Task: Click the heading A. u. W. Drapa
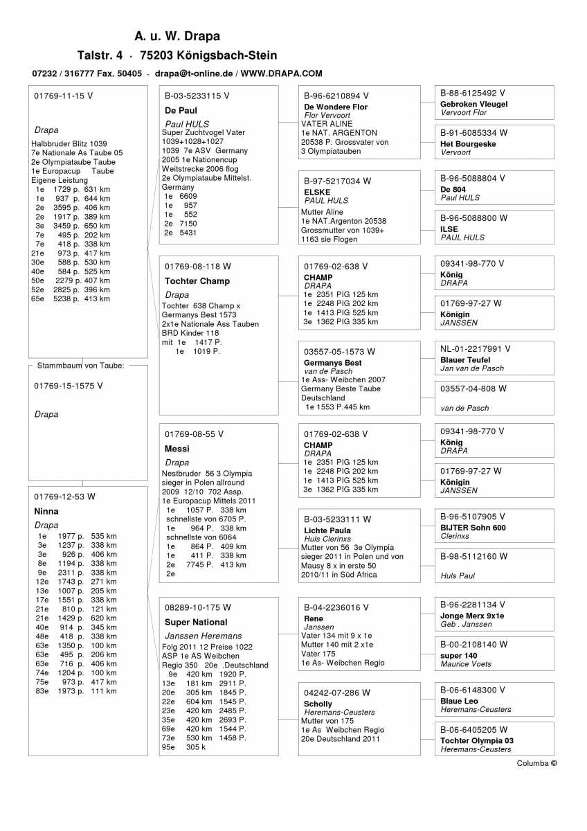point(177,36)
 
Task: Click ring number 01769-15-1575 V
point(68,386)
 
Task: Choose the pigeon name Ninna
point(46,511)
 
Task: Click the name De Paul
point(181,110)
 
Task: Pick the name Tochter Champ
point(197,281)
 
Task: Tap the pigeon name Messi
point(177,449)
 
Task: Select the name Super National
point(196,622)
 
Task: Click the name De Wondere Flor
point(336,107)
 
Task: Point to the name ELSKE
point(317,192)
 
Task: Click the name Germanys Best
point(332,363)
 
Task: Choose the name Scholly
point(318,704)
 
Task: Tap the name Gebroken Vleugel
point(473,104)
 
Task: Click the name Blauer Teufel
point(464,360)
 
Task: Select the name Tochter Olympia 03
point(476,741)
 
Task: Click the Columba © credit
point(536,763)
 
